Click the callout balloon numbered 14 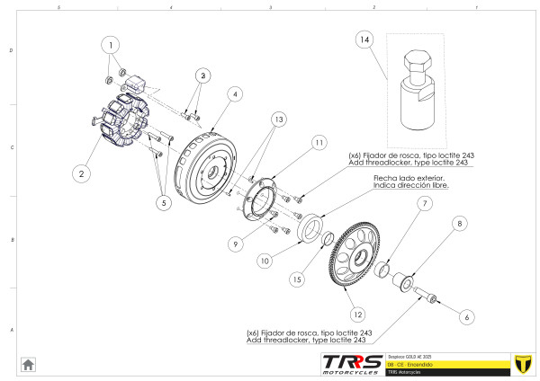(x=364, y=40)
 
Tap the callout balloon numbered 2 (x=81, y=173)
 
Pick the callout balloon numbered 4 (x=233, y=93)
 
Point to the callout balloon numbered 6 (x=465, y=316)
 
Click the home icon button (x=28, y=364)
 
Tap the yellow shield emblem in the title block (x=520, y=363)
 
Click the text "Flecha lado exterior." (x=410, y=179)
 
